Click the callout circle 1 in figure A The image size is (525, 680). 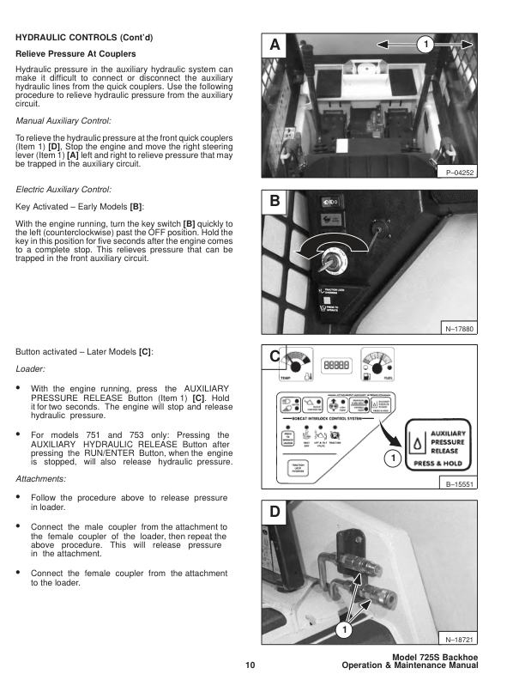(423, 43)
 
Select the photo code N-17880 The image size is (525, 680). (460, 328)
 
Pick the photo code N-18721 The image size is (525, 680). (460, 640)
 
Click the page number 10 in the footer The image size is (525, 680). (249, 665)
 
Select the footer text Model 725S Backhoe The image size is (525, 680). (427, 657)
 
